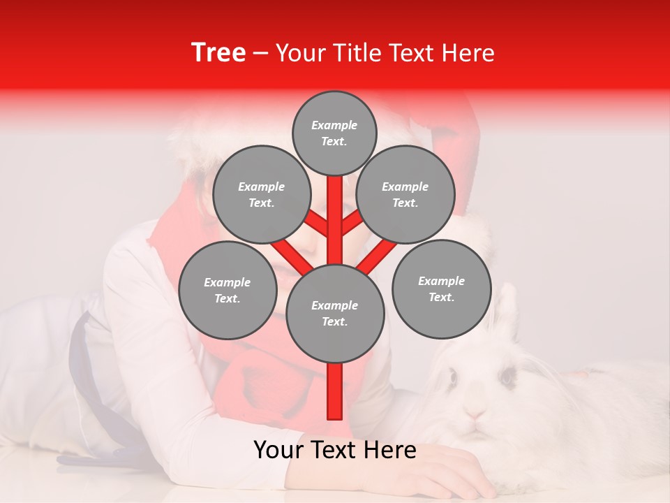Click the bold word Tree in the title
[x=218, y=53]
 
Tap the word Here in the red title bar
[x=468, y=53]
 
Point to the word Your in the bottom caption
[x=278, y=451]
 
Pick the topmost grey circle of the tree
[x=334, y=133]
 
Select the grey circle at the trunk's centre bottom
[x=335, y=314]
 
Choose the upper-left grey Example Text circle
[x=261, y=195]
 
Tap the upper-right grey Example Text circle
[x=405, y=195]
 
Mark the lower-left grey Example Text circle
[x=228, y=291]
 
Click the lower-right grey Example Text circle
[x=441, y=289]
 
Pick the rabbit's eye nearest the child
[x=452, y=377]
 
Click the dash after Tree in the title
[x=260, y=54]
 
